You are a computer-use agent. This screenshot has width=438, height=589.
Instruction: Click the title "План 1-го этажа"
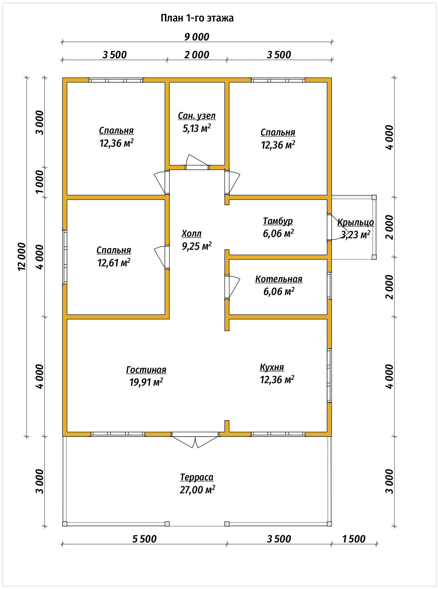pos(197,18)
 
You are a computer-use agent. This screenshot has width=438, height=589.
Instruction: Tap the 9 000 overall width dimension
pos(197,37)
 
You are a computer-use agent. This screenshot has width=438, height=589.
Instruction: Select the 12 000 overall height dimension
pos(22,256)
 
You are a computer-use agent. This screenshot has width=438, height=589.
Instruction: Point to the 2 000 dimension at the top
pos(197,55)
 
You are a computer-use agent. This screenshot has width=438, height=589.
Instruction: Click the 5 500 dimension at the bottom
pos(144,539)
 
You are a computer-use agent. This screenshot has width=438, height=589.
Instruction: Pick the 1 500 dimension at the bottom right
pos(354,539)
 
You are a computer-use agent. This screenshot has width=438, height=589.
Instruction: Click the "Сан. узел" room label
pos(197,116)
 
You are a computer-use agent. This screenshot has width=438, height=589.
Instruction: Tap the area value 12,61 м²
pos(114,263)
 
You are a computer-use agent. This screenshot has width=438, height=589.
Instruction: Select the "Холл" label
pos(192,234)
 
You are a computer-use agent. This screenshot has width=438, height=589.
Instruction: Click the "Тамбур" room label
pos(278,221)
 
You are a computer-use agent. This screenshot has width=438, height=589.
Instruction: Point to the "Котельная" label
pos(279,279)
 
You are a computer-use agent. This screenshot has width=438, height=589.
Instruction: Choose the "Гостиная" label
pos(146,370)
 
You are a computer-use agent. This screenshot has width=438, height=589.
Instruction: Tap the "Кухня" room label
pos(272,367)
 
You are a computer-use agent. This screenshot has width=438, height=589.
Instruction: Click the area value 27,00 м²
pos(197,490)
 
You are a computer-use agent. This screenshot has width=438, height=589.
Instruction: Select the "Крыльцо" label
pos(356,223)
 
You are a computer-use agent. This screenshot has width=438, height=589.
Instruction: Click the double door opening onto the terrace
pos(195,440)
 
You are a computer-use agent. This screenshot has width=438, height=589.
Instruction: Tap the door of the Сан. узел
pos(197,163)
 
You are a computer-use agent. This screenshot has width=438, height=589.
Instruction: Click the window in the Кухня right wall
pos(329,376)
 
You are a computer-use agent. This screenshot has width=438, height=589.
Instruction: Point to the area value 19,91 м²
pos(146,382)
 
